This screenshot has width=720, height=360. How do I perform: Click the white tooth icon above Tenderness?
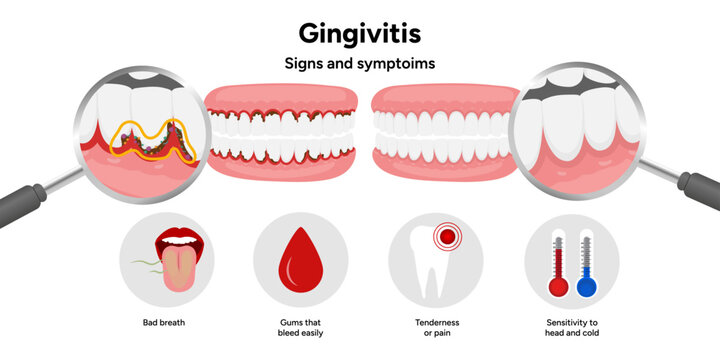(x=427, y=270)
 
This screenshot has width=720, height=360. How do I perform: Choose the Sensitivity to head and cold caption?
(x=572, y=327)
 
